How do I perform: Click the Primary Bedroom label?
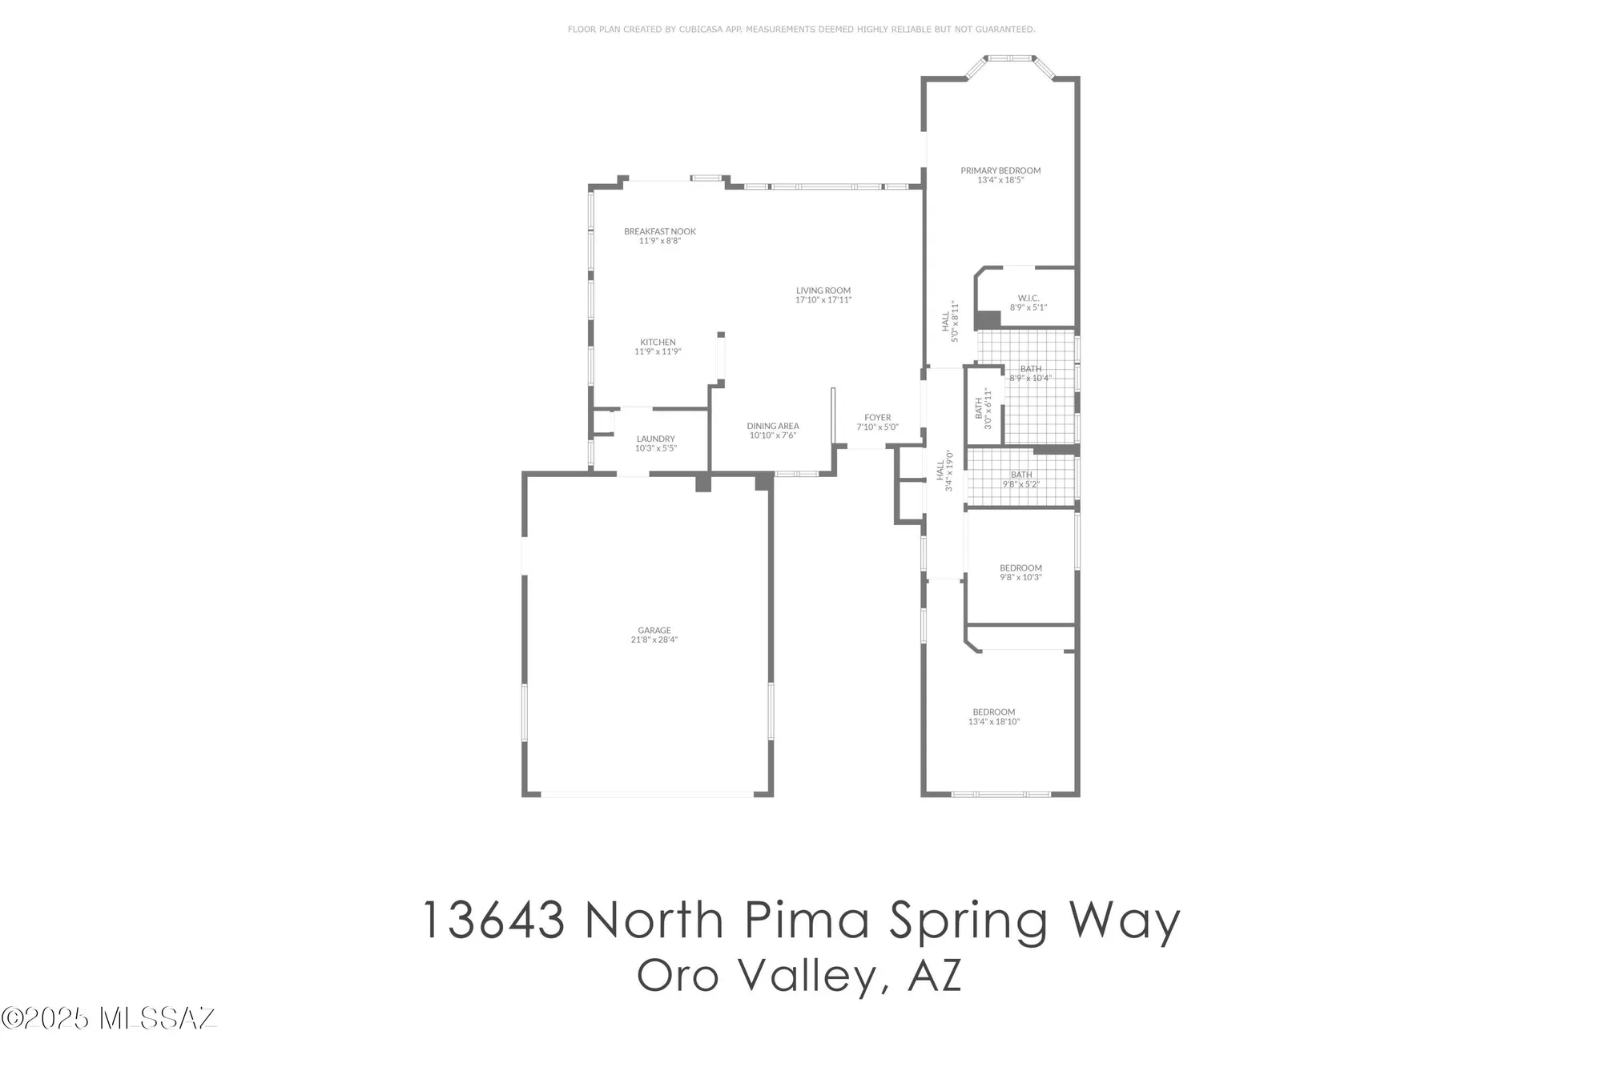[1000, 170]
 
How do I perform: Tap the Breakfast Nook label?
[660, 231]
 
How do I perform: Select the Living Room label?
[823, 291]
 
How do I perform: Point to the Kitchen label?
[658, 342]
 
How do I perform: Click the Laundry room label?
[656, 439]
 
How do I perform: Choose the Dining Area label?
[773, 426]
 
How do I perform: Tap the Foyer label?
[878, 417]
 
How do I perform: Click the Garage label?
[654, 630]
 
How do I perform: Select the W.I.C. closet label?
[1028, 298]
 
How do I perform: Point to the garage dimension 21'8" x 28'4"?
[654, 640]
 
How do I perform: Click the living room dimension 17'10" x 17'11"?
[823, 300]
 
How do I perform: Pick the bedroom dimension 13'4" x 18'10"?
[994, 722]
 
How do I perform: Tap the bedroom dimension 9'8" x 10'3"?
[1020, 577]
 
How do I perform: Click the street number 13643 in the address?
[493, 921]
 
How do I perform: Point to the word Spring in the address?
[970, 922]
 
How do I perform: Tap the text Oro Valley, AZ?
[799, 976]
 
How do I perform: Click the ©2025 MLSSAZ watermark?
[109, 1018]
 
